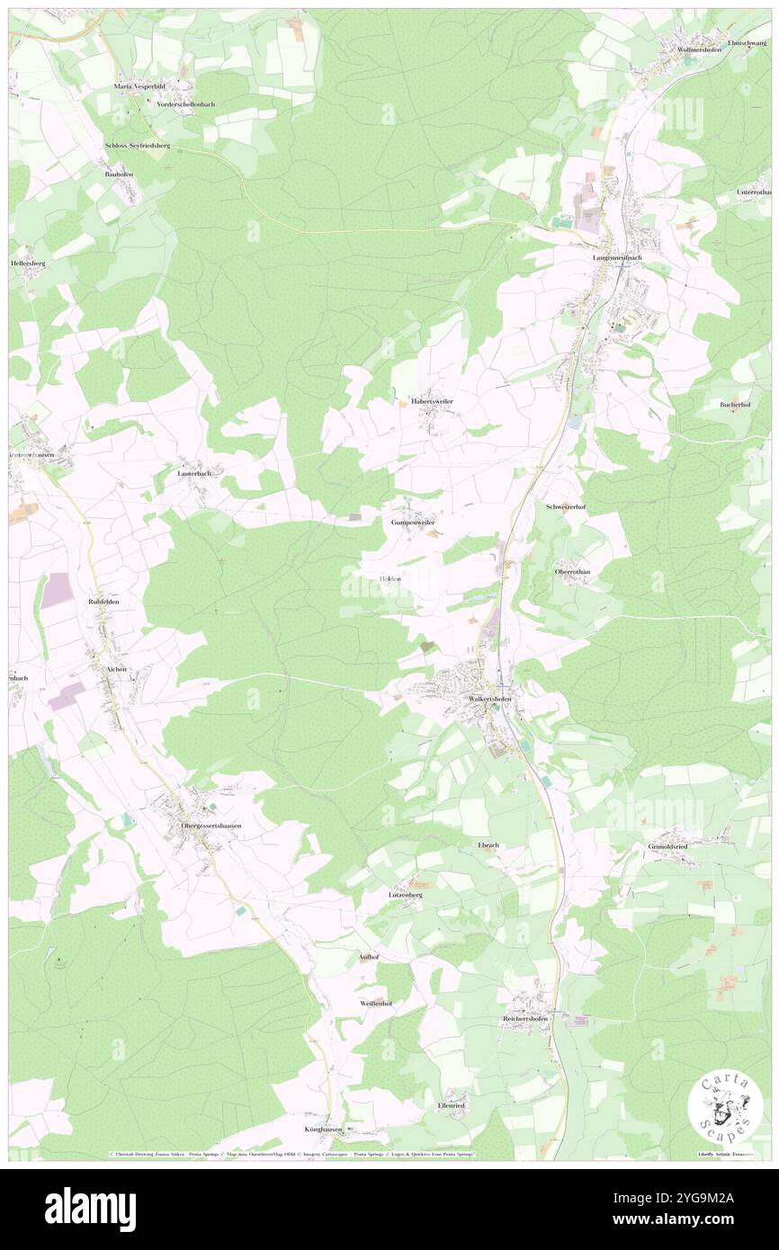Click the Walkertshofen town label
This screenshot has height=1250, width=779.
tap(490, 699)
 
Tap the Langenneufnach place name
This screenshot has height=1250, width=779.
tap(617, 257)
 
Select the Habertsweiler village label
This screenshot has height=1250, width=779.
tap(433, 401)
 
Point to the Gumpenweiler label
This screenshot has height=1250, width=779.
tap(413, 522)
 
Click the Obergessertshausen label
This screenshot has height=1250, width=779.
tap(211, 825)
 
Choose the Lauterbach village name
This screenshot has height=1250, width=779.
tap(194, 473)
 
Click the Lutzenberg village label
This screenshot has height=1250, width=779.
tap(406, 896)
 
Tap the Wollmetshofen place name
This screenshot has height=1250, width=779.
tap(701, 49)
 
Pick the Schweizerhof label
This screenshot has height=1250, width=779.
tap(566, 507)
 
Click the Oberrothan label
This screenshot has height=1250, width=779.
tap(572, 571)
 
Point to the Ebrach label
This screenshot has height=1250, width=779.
tap(488, 846)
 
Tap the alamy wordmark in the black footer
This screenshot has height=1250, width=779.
tap(90, 1209)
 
